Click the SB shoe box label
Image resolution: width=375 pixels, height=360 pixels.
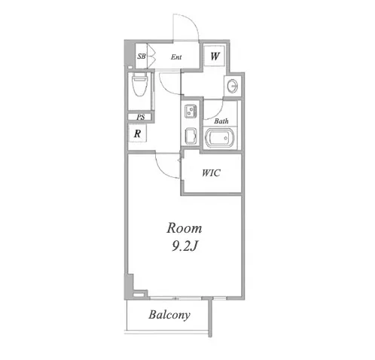142,56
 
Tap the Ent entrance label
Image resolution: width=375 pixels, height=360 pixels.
176,57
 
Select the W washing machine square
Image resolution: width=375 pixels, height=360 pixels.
215,56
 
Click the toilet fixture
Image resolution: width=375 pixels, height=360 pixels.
139,84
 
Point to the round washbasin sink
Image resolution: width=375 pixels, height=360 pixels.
233,86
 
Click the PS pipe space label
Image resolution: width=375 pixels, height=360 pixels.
141,117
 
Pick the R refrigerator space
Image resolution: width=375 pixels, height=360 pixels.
137,133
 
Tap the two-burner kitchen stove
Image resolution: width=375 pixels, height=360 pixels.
191,111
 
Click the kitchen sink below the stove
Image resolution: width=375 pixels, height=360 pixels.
191,136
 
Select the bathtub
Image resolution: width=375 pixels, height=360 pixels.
220,138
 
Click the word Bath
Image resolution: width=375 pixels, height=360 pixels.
221,121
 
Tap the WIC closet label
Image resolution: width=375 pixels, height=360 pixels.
211,172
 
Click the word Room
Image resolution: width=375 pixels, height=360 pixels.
184,228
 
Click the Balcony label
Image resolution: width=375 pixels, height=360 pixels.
169,315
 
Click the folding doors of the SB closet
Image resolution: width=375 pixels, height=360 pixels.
152,56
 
